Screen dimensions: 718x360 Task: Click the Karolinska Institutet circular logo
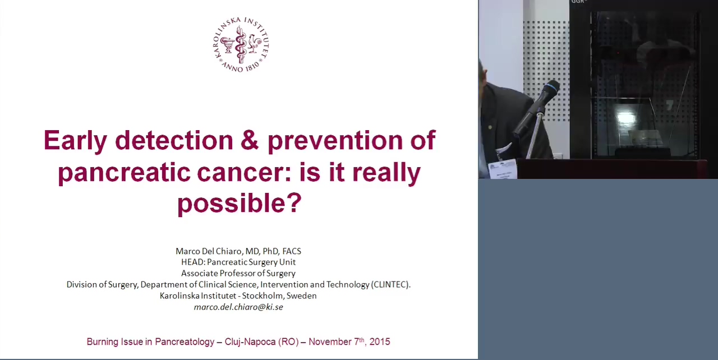(241, 44)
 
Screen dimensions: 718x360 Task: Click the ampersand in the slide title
(250, 140)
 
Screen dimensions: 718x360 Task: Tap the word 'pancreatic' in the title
(125, 172)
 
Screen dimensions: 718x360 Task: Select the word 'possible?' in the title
(240, 203)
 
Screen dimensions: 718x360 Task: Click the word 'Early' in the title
(75, 141)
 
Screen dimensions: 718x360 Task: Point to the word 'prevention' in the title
(335, 141)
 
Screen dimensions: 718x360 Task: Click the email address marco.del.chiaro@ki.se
(238, 307)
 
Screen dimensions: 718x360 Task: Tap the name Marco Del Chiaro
(209, 251)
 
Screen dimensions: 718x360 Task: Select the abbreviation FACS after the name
(292, 251)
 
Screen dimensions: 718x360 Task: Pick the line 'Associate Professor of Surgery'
(238, 274)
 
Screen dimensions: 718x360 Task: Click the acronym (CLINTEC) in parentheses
(390, 285)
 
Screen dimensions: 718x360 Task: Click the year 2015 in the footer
(380, 341)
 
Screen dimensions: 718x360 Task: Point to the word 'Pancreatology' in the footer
(185, 342)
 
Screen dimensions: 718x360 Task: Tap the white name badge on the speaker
(502, 169)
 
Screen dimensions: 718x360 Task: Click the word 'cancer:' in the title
(243, 172)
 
